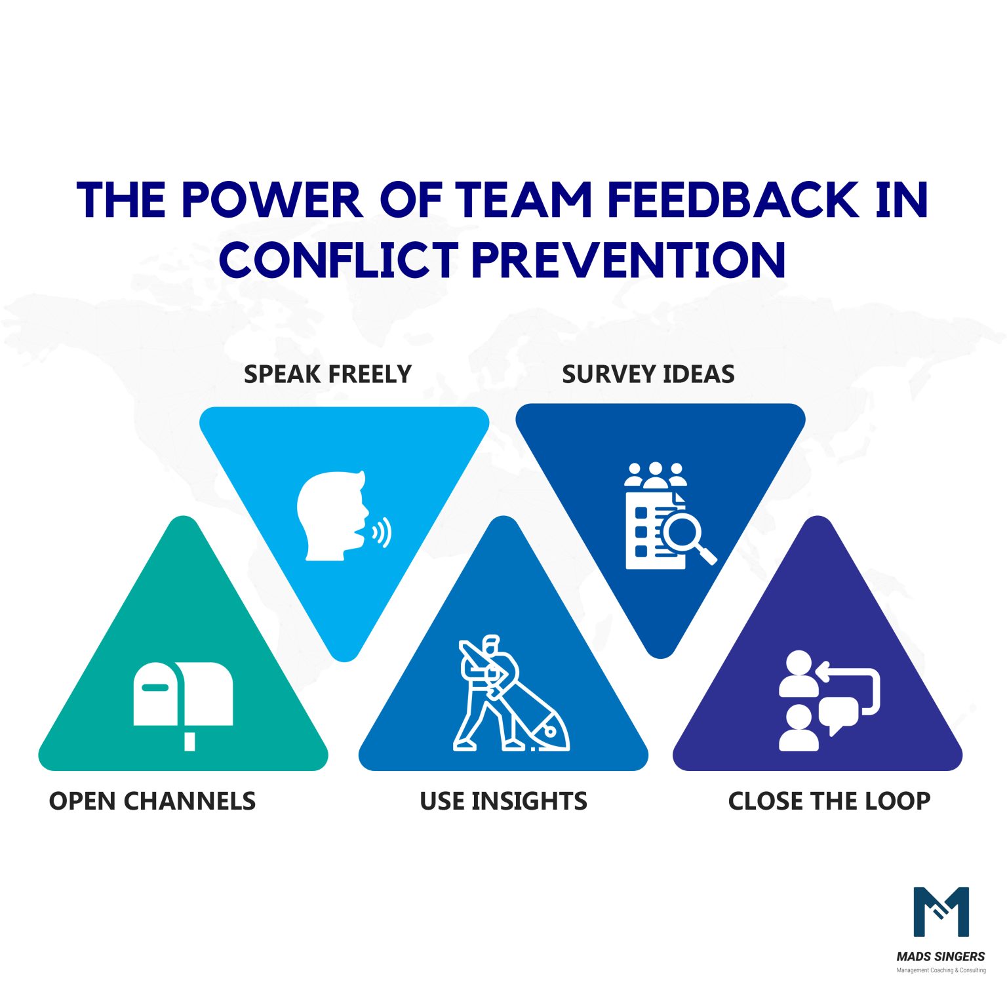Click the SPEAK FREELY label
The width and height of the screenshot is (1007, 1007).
coord(327,374)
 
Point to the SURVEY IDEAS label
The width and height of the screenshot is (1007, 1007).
coord(648,374)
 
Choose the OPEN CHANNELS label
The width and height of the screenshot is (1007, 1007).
coord(152,801)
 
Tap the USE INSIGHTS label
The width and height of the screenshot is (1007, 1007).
coord(503,801)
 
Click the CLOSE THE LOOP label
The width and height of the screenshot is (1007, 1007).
coord(829,801)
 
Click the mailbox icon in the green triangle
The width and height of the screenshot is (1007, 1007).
coord(183,695)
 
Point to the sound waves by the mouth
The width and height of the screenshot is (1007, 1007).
coord(382,532)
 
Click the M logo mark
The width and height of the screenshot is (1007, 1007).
coord(941,911)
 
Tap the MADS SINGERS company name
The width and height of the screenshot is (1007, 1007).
coord(940,957)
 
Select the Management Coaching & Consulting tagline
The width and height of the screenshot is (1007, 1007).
coord(940,970)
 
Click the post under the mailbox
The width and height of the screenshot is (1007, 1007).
coord(189,741)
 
